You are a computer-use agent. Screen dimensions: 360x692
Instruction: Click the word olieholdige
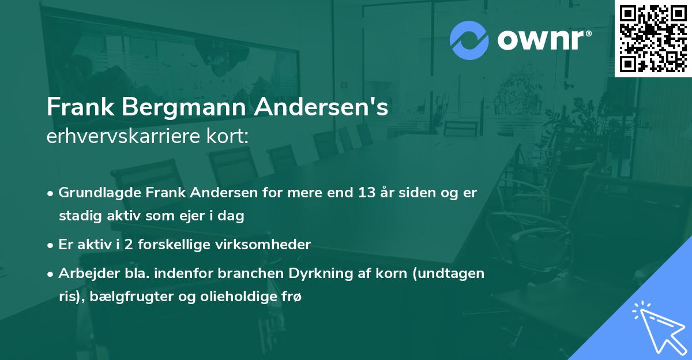pos(236,297)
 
